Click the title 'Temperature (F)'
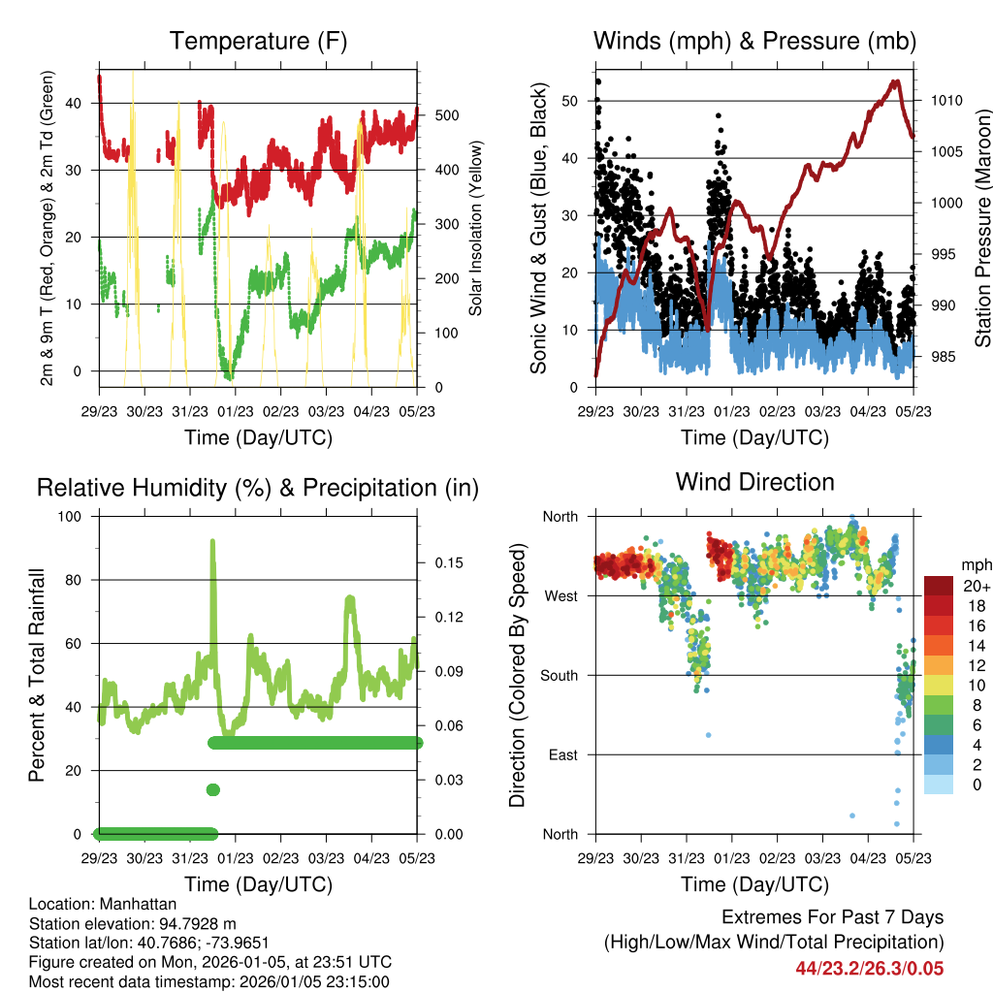[x=258, y=42]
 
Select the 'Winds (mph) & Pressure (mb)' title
[x=754, y=42]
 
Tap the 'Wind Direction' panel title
[x=754, y=482]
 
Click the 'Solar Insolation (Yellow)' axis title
[x=475, y=229]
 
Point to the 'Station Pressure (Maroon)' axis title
[x=982, y=229]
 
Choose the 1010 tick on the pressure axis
[x=942, y=100]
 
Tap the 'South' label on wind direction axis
[x=558, y=676]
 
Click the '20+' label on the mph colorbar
[x=976, y=586]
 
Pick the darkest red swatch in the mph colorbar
[x=939, y=586]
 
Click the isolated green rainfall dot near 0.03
[x=213, y=789]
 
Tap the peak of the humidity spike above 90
[x=212, y=542]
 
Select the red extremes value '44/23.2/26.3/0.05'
[x=869, y=968]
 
